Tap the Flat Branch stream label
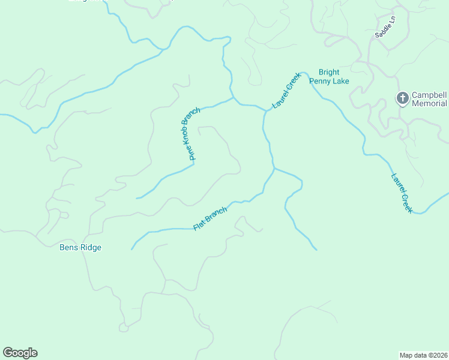(210, 219)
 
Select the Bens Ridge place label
(80, 247)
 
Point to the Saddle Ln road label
(385, 28)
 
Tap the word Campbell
(430, 95)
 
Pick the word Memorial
(430, 103)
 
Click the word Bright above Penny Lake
(329, 73)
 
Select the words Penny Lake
(329, 81)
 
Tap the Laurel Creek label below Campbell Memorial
(402, 193)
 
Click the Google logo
(20, 353)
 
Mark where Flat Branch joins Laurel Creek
(274, 169)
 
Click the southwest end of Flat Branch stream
(131, 249)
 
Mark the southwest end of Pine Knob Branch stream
(137, 198)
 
